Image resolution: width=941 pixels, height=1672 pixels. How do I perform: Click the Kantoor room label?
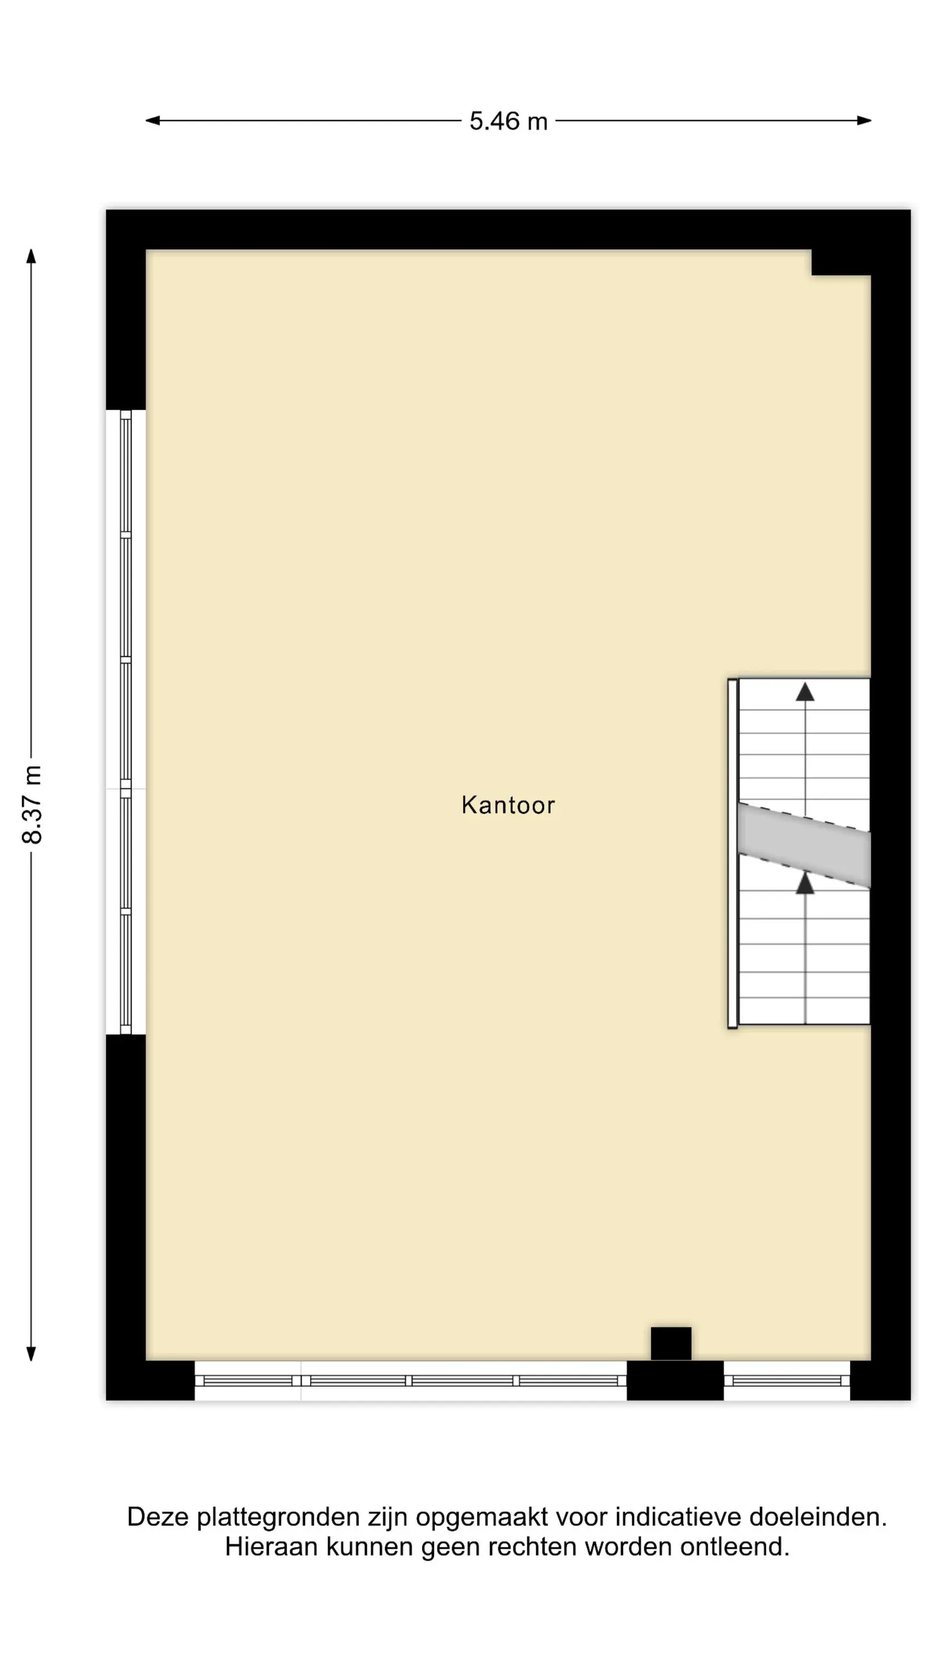508,805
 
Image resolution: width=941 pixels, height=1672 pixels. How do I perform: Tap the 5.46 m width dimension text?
508,121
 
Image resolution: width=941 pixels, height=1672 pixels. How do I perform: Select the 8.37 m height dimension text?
32,804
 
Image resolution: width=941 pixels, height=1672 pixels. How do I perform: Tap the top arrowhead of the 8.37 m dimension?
31,256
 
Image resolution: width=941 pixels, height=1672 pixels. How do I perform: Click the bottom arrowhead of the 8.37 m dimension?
31,1353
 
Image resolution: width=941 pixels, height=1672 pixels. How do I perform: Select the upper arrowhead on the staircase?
804,691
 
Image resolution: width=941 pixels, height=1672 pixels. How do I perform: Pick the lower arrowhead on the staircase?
804,883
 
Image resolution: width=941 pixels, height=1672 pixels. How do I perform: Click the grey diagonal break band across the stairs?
804,845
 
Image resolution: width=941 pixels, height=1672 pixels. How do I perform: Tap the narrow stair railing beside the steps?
733,853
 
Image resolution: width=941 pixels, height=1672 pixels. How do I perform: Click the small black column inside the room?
671,1343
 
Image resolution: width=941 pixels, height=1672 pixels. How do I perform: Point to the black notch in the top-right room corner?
841,262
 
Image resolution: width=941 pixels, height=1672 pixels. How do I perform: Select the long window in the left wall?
125,722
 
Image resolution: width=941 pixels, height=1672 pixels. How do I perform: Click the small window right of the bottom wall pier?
787,1380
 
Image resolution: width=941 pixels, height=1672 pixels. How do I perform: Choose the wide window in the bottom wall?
410,1380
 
